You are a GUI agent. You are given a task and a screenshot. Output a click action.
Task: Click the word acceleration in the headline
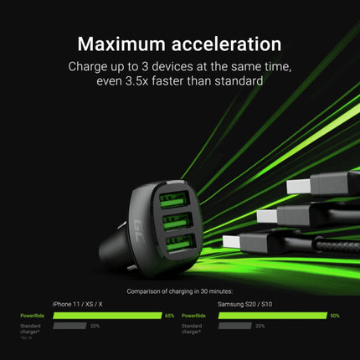[226, 44]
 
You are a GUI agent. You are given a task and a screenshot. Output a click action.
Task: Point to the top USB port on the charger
[173, 202]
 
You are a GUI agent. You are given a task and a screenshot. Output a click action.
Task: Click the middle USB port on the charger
[174, 227]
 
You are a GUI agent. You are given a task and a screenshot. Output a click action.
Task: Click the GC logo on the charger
[140, 225]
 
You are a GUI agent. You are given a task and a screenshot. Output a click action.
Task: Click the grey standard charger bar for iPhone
[69, 326]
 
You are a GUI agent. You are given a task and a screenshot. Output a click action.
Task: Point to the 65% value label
[169, 316]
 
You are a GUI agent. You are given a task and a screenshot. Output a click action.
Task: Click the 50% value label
[334, 316]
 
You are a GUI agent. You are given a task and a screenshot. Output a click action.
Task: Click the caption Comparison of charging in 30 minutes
[179, 291]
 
